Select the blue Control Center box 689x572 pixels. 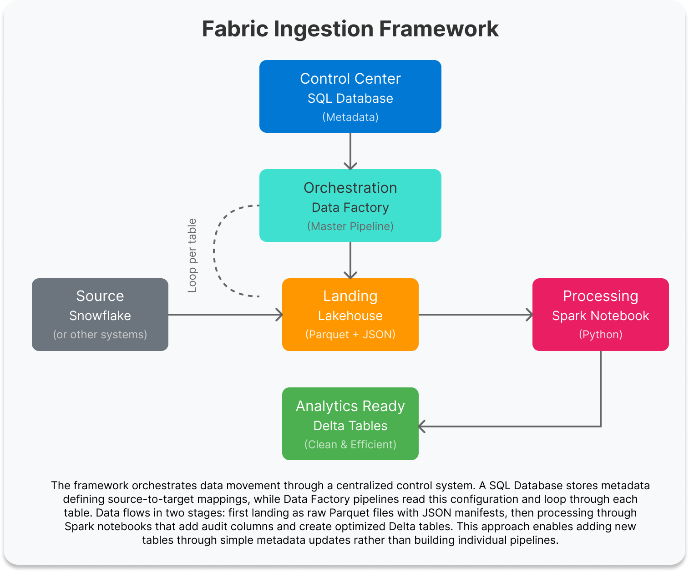(350, 96)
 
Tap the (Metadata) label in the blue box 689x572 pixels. (350, 117)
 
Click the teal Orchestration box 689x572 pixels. (350, 205)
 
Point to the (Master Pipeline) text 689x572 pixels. (350, 226)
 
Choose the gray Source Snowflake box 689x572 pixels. (100, 314)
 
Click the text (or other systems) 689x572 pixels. (100, 335)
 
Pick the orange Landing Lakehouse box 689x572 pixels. (350, 314)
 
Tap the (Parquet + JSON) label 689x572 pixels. (350, 335)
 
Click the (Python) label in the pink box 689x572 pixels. (600, 335)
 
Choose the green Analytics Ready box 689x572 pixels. (350, 423)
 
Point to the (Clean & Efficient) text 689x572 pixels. (350, 445)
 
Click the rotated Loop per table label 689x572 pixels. (193, 256)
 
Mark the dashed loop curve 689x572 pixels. (214, 251)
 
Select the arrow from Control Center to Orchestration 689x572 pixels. (350, 151)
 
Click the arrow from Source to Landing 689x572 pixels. (225, 314)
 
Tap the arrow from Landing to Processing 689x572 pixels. (475, 314)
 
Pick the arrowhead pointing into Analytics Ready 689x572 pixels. (422, 426)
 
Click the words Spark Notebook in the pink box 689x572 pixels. (600, 316)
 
